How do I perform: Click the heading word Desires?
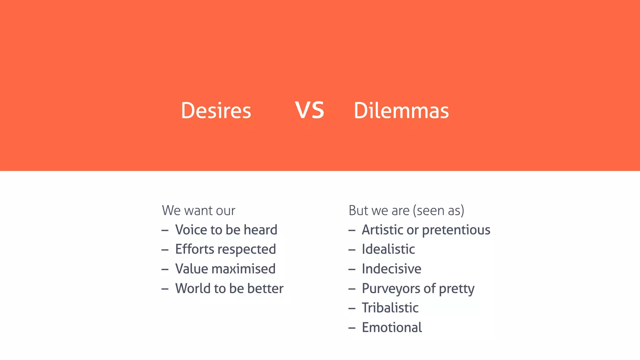pyautogui.click(x=216, y=111)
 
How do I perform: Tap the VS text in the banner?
pyautogui.click(x=309, y=111)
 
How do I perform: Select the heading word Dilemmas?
pyautogui.click(x=401, y=111)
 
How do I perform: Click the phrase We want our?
pyautogui.click(x=198, y=211)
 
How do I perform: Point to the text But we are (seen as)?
pyautogui.click(x=406, y=211)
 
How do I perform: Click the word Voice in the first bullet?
pyautogui.click(x=191, y=230)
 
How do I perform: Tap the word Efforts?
pyautogui.click(x=195, y=249)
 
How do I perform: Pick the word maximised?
pyautogui.click(x=248, y=269)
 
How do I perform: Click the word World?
pyautogui.click(x=192, y=288)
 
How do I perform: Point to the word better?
pyautogui.click(x=265, y=288)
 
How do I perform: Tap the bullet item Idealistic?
pyautogui.click(x=388, y=249)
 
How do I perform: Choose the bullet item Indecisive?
pyautogui.click(x=392, y=269)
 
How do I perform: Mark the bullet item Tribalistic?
pyautogui.click(x=390, y=308)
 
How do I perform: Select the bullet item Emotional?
pyautogui.click(x=392, y=327)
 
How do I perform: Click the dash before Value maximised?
pyautogui.click(x=165, y=269)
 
